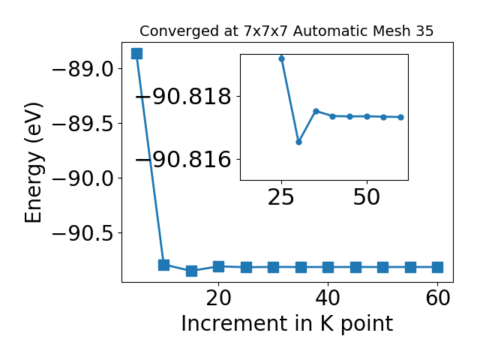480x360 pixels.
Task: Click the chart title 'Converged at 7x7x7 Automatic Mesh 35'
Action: coord(286,31)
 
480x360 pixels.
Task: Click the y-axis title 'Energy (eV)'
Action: coord(33,163)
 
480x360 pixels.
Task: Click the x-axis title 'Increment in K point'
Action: coord(287,324)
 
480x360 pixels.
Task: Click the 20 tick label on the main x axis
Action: coord(218,298)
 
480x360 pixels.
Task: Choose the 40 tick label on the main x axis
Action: coord(328,298)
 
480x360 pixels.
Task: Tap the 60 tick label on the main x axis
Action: coord(438,298)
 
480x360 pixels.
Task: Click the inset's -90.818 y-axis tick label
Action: coord(183,97)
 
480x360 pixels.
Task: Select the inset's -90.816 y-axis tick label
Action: coord(183,160)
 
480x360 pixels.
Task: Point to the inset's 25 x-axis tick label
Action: coord(281,197)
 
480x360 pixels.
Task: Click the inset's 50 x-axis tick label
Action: coord(367,197)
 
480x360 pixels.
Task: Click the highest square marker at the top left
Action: coord(136,53)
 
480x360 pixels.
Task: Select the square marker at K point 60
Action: coord(438,267)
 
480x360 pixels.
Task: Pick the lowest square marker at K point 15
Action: coord(191,271)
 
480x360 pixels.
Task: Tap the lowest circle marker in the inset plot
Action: coord(298,142)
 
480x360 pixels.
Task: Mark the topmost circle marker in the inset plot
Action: coord(282,58)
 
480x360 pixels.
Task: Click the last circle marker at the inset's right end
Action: coord(401,117)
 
